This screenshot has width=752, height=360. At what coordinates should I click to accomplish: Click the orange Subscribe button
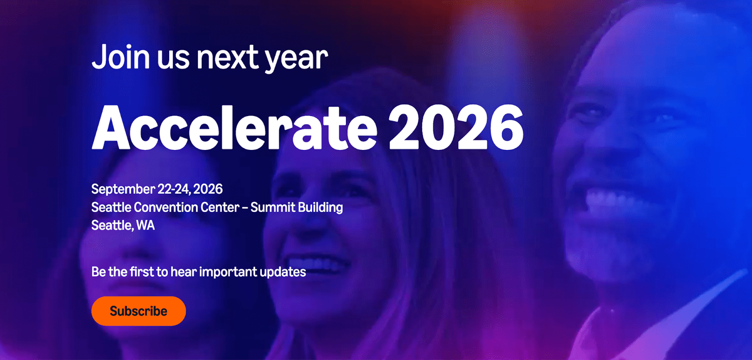139,311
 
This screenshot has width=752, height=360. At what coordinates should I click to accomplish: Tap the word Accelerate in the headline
235,127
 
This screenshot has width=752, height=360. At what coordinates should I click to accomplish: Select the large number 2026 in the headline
456,127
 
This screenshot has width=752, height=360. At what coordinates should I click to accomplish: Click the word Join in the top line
121,56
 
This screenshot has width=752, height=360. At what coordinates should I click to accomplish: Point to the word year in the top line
297,59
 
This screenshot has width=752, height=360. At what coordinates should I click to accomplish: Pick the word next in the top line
227,58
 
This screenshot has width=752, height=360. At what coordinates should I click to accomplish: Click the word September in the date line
123,189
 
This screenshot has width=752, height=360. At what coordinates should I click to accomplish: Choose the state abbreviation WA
145,225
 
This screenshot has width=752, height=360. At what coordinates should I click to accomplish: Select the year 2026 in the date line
208,189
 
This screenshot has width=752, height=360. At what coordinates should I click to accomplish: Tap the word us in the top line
173,59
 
